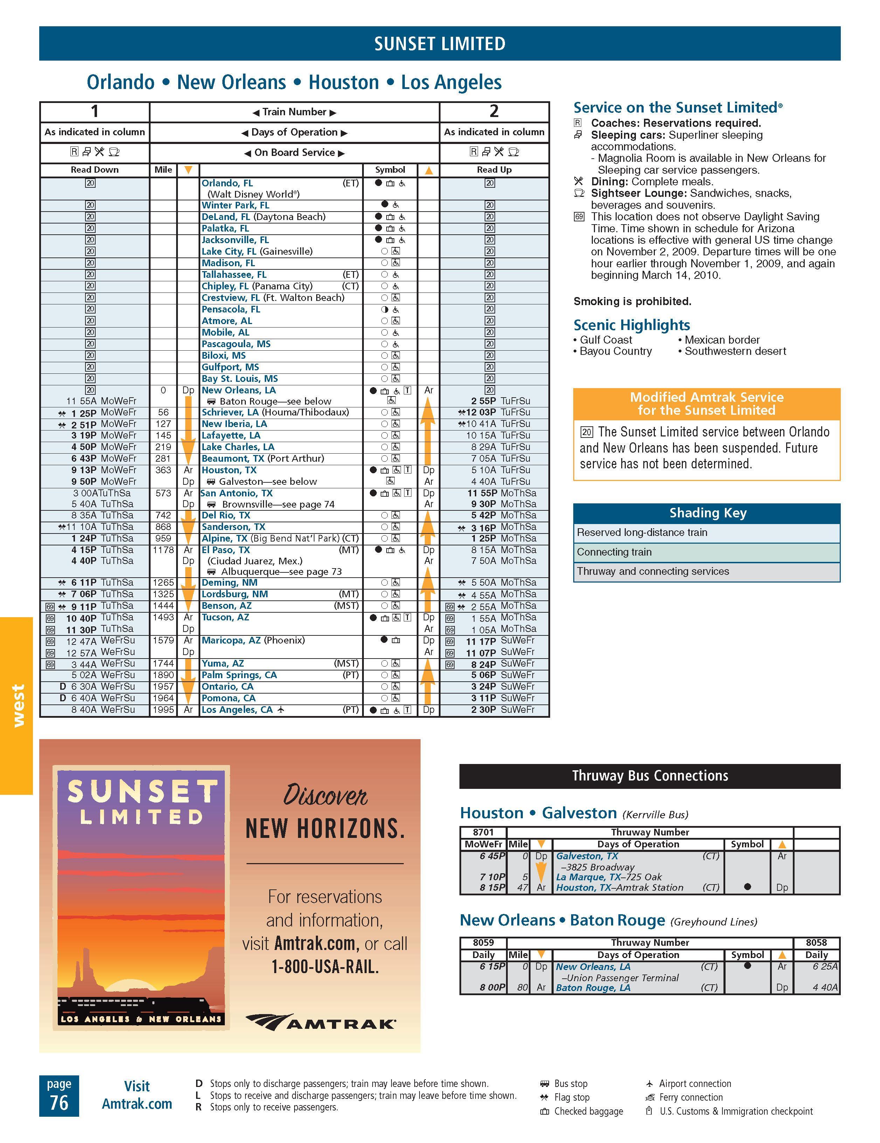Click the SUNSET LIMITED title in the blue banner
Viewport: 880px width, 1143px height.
pyautogui.click(x=439, y=44)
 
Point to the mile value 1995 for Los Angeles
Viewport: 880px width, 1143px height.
pyautogui.click(x=163, y=710)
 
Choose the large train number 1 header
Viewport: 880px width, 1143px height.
pyautogui.click(x=95, y=111)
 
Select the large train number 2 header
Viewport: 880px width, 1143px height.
pyautogui.click(x=494, y=111)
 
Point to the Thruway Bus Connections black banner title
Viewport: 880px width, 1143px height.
pyautogui.click(x=650, y=776)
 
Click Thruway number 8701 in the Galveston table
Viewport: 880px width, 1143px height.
pyautogui.click(x=483, y=832)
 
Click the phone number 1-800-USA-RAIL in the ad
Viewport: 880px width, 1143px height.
pyautogui.click(x=325, y=967)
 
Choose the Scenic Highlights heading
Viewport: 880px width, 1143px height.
pyautogui.click(x=631, y=325)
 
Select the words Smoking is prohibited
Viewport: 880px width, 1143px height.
pyautogui.click(x=632, y=302)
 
